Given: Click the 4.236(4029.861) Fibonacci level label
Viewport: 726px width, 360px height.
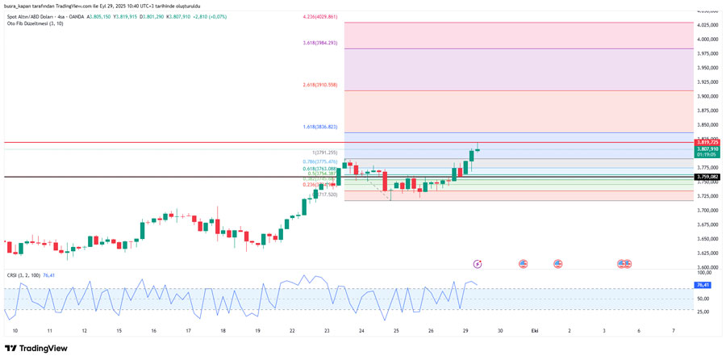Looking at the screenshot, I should pyautogui.click(x=320, y=17).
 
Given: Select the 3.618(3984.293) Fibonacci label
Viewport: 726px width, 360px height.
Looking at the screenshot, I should pyautogui.click(x=320, y=43).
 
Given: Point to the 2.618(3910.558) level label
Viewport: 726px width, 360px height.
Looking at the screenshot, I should pyautogui.click(x=320, y=85).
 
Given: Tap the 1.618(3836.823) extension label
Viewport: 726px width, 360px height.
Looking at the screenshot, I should pyautogui.click(x=320, y=127).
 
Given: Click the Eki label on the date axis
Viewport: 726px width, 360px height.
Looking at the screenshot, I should pyautogui.click(x=534, y=331).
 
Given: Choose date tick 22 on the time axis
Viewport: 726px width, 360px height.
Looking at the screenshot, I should pyautogui.click(x=292, y=331).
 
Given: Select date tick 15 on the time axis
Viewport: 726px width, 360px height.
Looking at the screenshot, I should pyautogui.click(x=119, y=331).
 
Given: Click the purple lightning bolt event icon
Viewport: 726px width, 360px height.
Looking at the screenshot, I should pyautogui.click(x=478, y=263).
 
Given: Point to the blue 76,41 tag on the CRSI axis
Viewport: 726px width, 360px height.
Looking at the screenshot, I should pyautogui.click(x=703, y=285).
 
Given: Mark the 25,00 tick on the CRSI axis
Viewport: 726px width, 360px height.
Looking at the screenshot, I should pyautogui.click(x=703, y=312).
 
